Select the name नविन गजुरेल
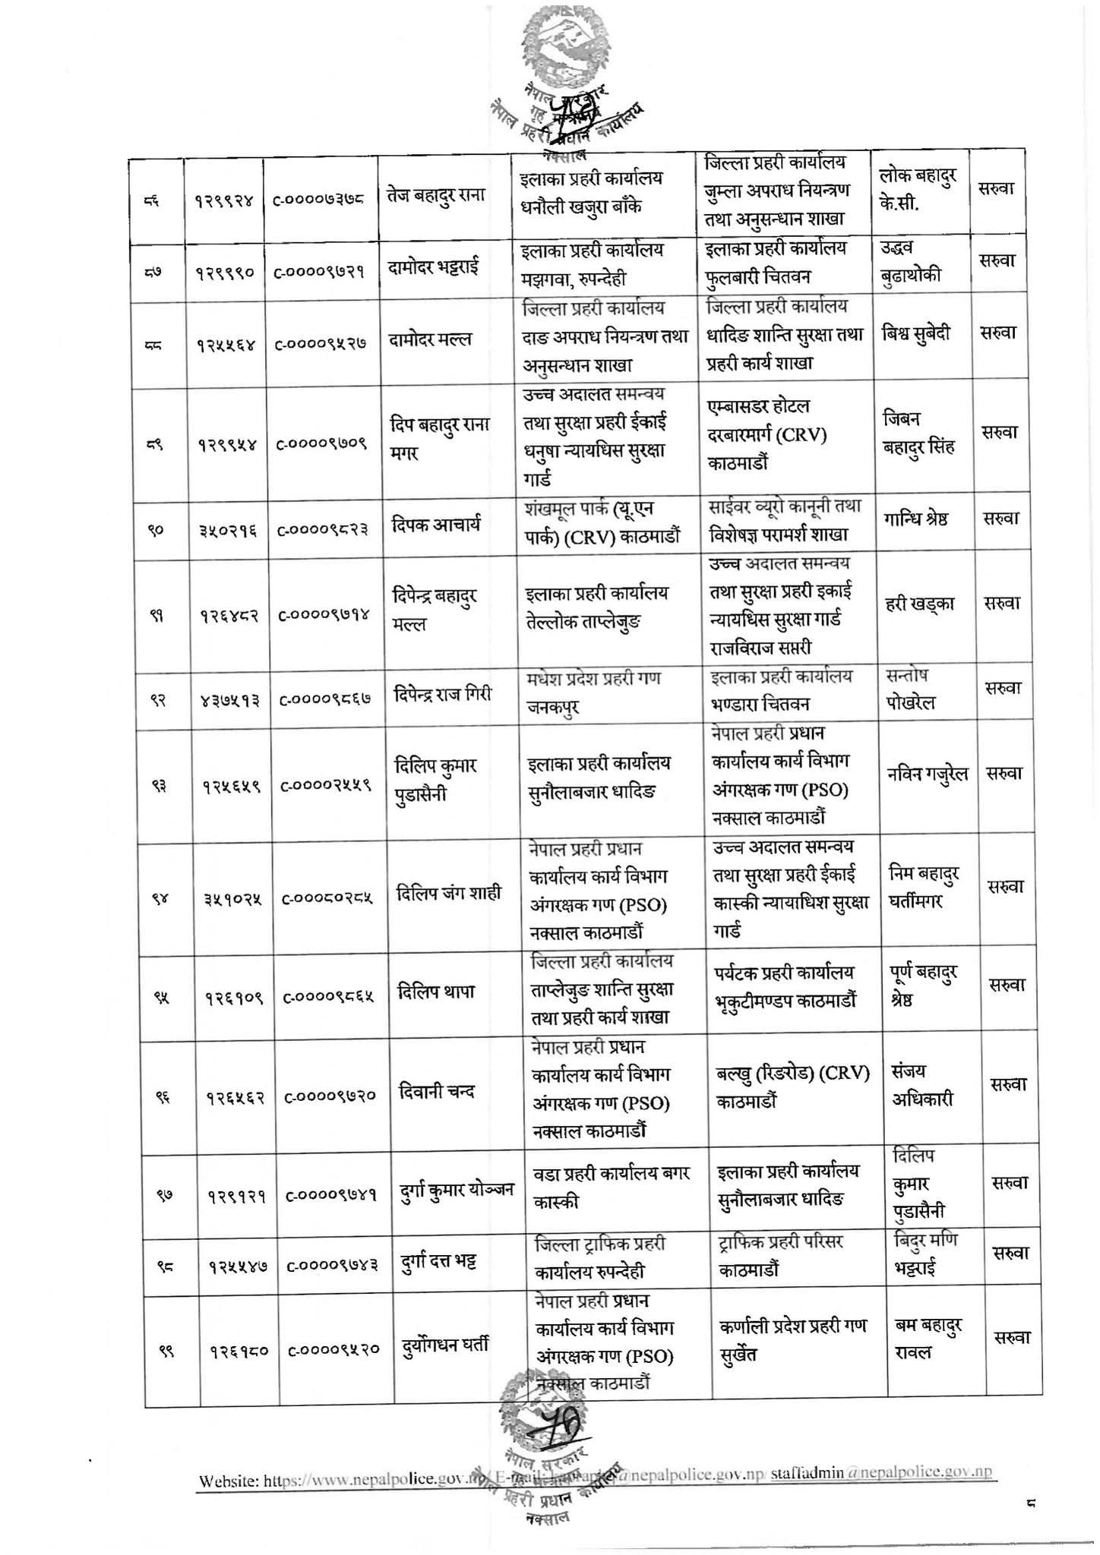928,774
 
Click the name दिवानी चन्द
437,1092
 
